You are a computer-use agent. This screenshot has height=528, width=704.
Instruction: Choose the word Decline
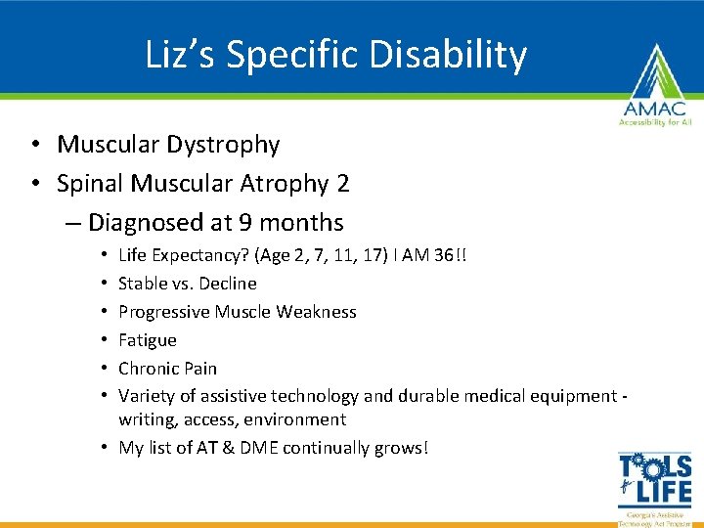(x=228, y=284)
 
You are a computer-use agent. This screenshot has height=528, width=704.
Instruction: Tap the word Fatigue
(x=148, y=340)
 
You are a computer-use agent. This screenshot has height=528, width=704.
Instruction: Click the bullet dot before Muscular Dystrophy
(x=34, y=145)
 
